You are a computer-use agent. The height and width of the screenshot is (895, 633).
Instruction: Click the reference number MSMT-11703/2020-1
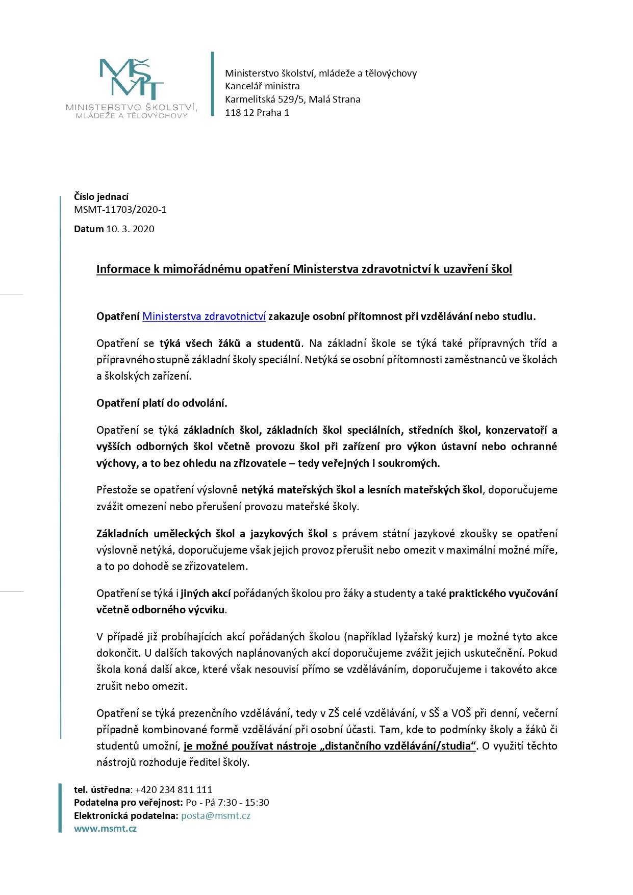120,210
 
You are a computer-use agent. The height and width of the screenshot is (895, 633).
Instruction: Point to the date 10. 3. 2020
130,229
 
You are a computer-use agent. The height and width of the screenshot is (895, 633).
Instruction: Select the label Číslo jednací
101,197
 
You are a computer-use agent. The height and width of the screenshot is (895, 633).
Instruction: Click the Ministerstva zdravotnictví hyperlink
204,316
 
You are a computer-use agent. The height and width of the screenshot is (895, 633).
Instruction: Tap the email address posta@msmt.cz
215,815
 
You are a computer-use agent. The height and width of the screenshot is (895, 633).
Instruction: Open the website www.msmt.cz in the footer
105,829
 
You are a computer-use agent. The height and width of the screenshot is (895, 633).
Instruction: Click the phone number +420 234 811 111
173,789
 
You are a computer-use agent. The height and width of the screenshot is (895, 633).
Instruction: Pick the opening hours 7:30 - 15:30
243,803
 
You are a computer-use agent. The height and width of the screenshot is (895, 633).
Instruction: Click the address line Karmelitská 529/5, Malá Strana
292,100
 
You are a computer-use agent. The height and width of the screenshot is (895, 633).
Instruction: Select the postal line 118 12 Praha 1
257,113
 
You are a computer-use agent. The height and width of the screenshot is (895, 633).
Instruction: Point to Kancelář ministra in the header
262,86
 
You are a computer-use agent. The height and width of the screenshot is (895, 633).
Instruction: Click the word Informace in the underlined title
123,269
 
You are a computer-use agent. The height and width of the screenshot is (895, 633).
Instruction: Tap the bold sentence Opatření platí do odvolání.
162,403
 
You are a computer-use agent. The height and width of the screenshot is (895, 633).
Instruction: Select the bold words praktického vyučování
503,593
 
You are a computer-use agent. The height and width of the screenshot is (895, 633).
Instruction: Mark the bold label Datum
89,229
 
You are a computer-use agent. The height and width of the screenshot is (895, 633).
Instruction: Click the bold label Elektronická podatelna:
126,815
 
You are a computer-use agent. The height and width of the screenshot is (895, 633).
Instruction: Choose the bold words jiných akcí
206,593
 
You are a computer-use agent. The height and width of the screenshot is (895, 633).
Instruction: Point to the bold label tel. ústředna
102,789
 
